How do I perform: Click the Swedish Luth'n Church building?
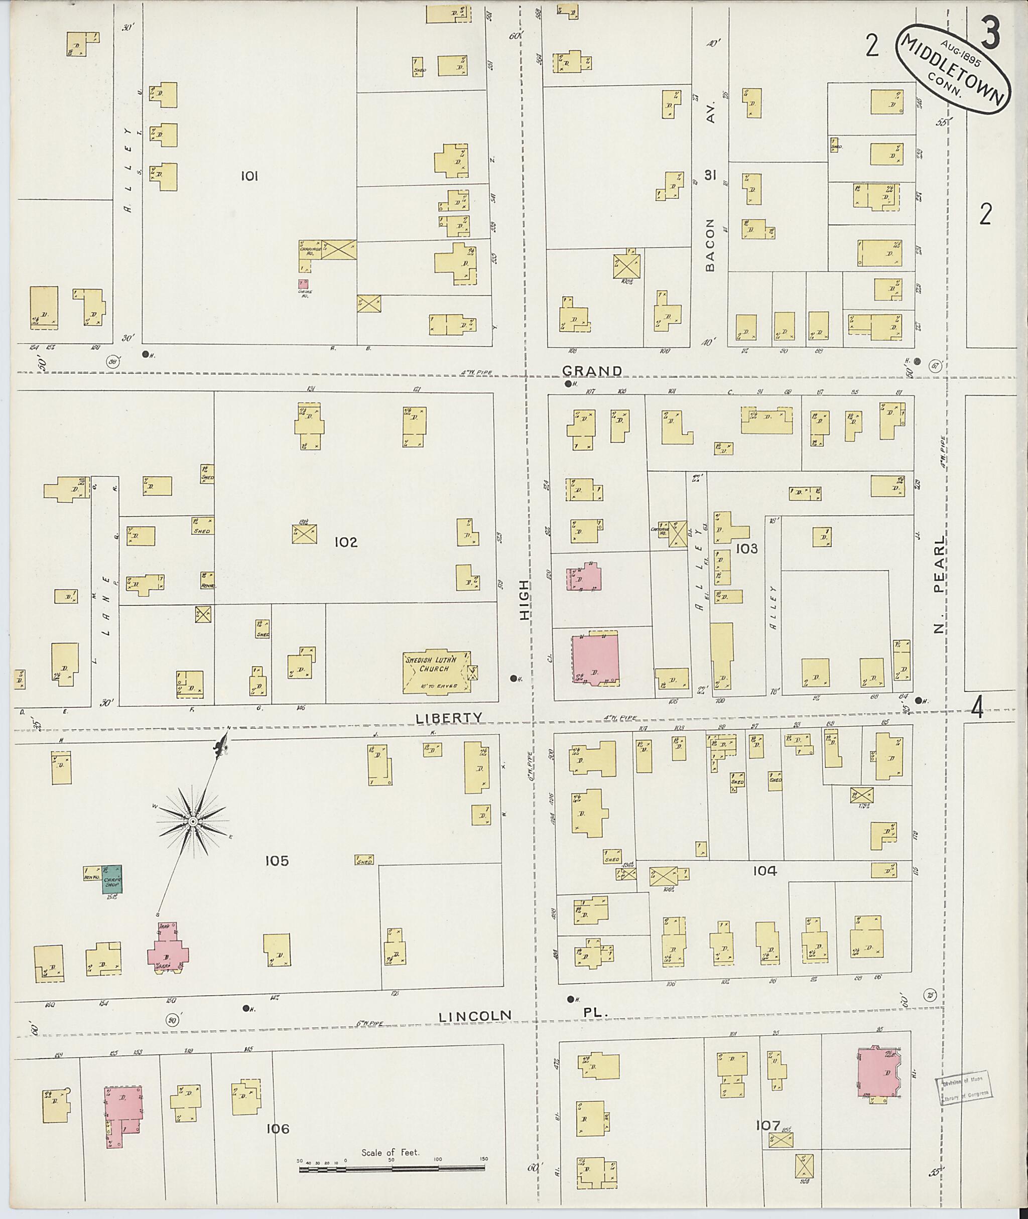click(x=436, y=673)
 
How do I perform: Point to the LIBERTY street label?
click(x=450, y=718)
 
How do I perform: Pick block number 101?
click(x=249, y=176)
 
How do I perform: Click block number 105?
click(x=276, y=860)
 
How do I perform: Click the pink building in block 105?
click(x=167, y=953)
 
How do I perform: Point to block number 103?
click(x=746, y=549)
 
